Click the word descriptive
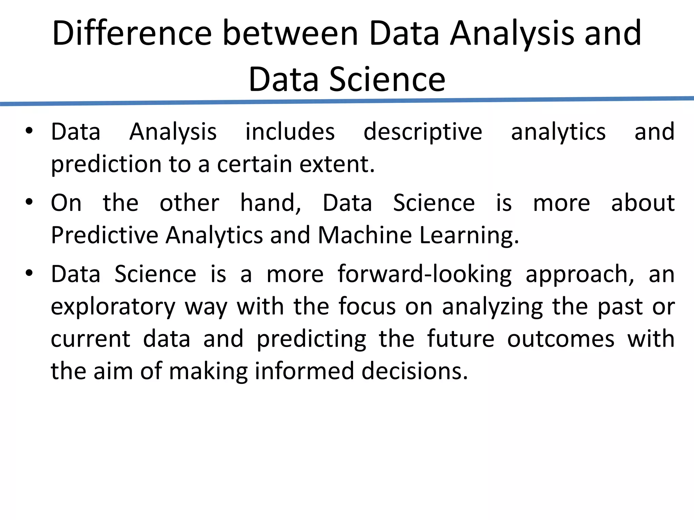pos(423,132)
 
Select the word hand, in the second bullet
pos(270,203)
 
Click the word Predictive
pos(105,235)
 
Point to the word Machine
pos(365,235)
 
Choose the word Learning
pos(469,236)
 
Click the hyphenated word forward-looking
pos(424,275)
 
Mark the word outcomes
pos(560,339)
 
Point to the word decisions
pos(414,371)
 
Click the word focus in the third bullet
pos(367,306)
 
